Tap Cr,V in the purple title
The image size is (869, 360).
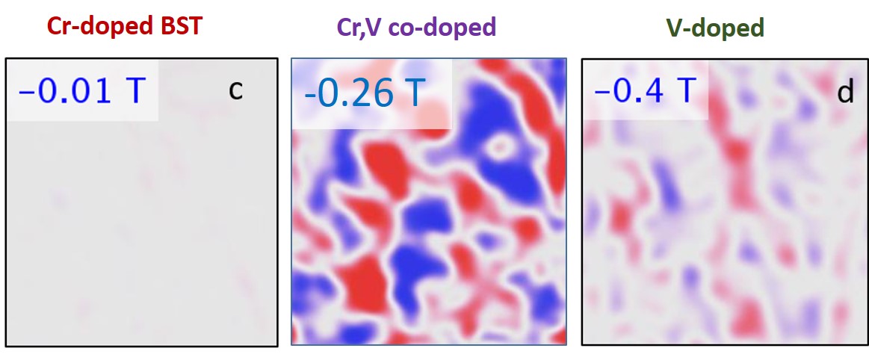tap(358, 28)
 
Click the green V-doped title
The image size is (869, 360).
tap(715, 28)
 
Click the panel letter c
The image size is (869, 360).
tap(235, 90)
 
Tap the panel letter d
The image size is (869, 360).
tap(845, 93)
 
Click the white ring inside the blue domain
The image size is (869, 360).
tap(498, 147)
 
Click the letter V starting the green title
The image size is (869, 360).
tap(675, 28)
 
